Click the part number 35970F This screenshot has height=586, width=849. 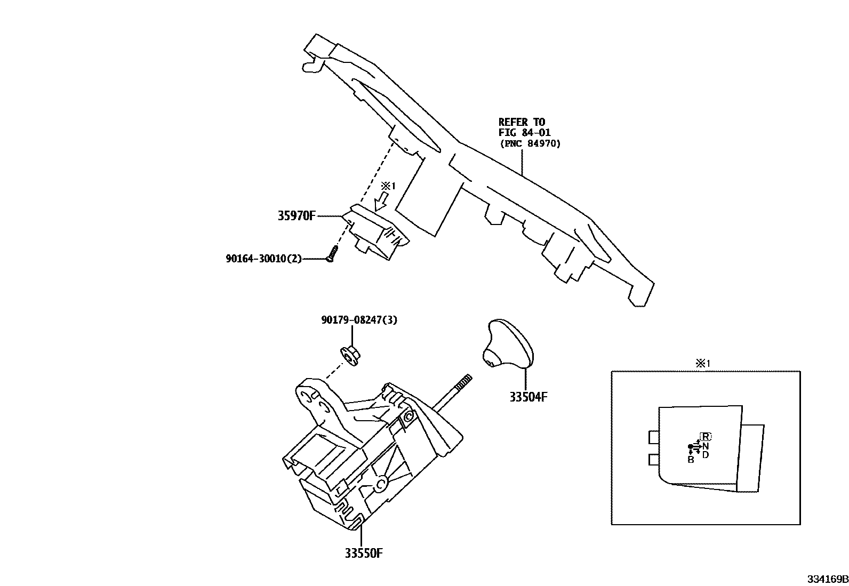click(297, 216)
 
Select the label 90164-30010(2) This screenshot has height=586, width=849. click(263, 259)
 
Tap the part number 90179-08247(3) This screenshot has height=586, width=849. click(359, 320)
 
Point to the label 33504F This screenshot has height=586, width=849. click(528, 397)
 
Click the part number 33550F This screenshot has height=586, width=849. click(364, 552)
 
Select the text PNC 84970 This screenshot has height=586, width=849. click(530, 143)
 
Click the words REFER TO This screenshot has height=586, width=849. click(522, 122)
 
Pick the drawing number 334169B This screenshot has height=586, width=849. click(827, 579)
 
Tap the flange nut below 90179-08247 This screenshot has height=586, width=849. click(350, 354)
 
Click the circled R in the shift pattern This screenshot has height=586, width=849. click(706, 436)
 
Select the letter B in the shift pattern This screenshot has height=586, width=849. click(691, 460)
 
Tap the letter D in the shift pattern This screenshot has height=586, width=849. click(706, 455)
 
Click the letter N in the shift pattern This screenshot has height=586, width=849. click(706, 446)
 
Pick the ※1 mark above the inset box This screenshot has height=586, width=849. click(702, 364)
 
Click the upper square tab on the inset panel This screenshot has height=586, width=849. click(654, 437)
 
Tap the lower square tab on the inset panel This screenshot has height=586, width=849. click(654, 460)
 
